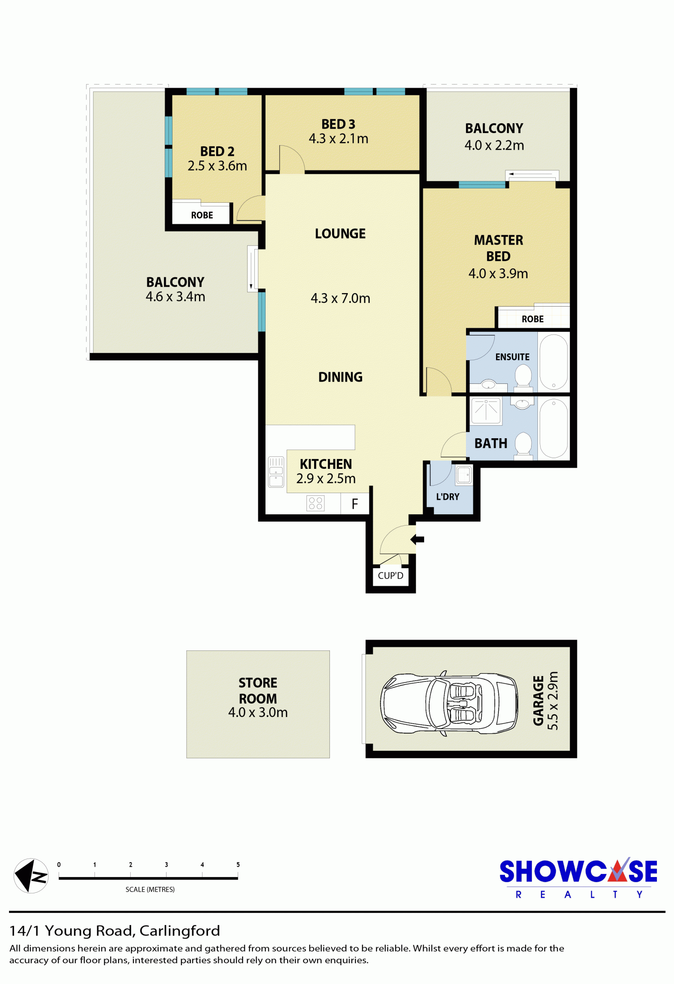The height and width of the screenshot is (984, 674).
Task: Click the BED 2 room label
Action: (217, 151)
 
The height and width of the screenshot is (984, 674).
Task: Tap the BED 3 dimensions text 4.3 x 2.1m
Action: (338, 138)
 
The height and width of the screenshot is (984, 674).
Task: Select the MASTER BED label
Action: (498, 248)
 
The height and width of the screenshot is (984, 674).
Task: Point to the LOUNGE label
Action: (340, 234)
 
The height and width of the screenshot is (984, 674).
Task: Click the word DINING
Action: (340, 377)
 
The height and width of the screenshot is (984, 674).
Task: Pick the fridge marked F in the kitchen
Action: (355, 503)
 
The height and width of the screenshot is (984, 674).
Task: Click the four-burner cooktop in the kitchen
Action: (315, 503)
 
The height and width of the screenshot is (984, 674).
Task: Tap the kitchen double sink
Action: (276, 472)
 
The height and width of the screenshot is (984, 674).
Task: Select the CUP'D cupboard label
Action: (390, 576)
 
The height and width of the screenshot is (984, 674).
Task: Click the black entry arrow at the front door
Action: (417, 539)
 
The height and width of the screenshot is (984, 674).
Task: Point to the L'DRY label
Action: (448, 497)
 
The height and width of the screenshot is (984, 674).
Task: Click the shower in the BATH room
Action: (486, 411)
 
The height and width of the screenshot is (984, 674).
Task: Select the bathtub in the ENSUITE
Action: (554, 362)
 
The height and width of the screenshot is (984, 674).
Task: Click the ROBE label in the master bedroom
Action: (532, 319)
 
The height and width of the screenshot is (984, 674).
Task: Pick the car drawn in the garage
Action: (449, 703)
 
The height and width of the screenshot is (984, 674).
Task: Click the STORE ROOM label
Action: (258, 691)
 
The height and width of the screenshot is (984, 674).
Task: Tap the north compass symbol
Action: (31, 876)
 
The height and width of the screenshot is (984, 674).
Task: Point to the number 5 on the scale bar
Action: (238, 864)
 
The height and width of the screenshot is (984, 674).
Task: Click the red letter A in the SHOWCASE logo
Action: (618, 871)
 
